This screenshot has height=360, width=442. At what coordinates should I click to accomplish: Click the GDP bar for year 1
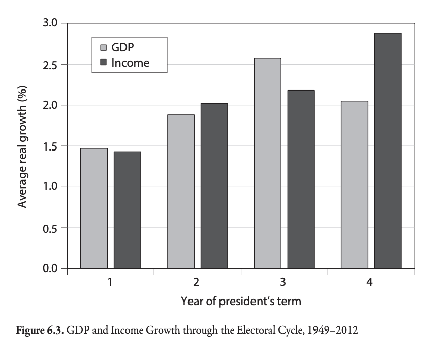94,208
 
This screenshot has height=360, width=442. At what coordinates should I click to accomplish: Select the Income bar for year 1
127,210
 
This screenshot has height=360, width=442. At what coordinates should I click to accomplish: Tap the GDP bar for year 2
181,192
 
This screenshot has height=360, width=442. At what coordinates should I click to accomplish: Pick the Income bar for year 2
214,186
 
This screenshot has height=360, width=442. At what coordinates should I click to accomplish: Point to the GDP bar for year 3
268,163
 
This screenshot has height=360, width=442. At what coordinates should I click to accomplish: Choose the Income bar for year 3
301,179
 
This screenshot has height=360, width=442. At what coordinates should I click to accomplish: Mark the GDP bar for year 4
355,185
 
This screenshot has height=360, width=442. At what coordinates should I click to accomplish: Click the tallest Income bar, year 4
388,151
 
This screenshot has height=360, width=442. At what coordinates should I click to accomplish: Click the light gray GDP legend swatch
103,48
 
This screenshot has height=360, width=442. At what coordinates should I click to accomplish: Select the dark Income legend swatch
103,63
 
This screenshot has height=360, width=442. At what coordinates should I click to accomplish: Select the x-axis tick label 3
283,282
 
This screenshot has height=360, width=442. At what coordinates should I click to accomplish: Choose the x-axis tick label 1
110,282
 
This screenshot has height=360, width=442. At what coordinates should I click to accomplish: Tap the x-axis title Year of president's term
241,301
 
